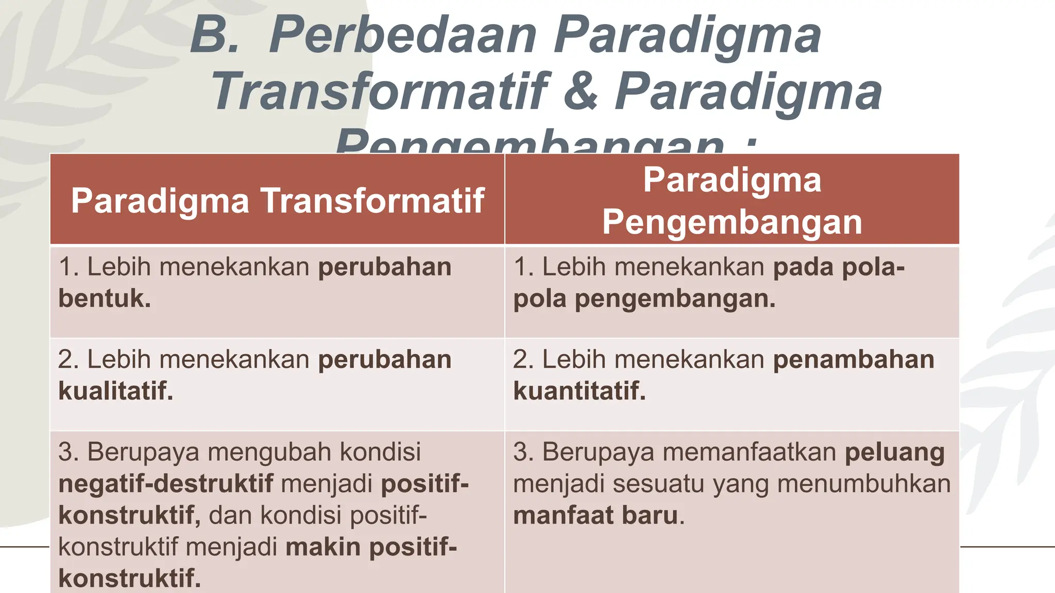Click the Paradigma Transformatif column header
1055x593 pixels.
point(278,200)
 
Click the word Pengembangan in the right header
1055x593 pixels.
point(732,222)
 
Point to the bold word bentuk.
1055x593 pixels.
point(105,299)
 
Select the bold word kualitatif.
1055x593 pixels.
point(115,391)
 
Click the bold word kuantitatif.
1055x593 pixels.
point(579,391)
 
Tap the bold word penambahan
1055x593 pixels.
point(854,359)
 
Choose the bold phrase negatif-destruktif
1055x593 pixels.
point(166,484)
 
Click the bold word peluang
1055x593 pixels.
point(895,452)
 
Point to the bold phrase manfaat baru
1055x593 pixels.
point(595,516)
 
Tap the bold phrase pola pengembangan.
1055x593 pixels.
point(644,299)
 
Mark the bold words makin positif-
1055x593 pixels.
point(371,547)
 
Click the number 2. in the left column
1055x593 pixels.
point(68,359)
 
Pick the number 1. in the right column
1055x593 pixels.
point(523,267)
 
